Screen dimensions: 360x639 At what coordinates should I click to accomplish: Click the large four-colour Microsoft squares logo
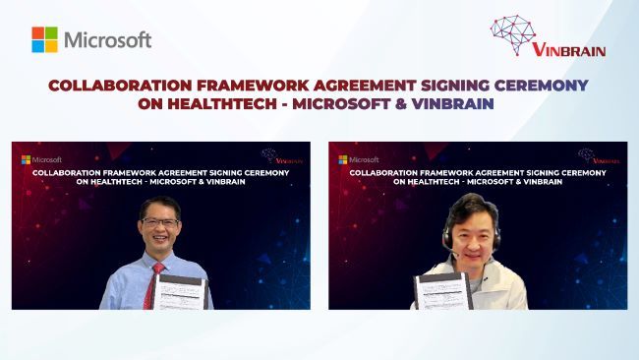click(x=44, y=39)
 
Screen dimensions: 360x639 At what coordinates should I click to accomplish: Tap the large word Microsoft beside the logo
click(x=108, y=40)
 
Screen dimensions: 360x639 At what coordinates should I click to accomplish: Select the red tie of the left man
click(x=152, y=282)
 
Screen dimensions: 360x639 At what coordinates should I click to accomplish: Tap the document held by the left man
click(x=181, y=291)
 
